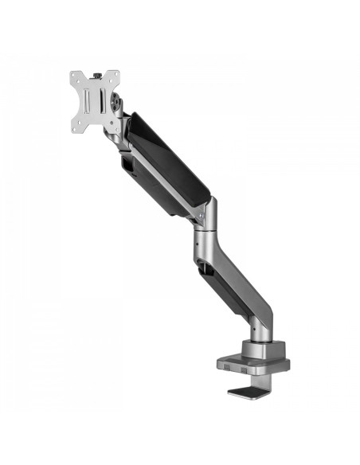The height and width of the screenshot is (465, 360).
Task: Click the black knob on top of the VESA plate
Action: [x=97, y=75]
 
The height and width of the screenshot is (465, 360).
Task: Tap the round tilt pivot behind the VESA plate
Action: [x=119, y=104]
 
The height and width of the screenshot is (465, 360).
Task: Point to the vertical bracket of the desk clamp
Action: [x=275, y=381]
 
